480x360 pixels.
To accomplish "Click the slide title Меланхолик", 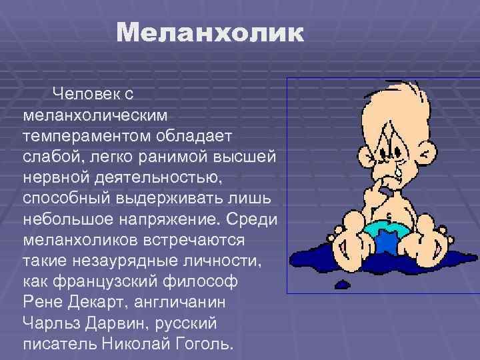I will click(x=209, y=33).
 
